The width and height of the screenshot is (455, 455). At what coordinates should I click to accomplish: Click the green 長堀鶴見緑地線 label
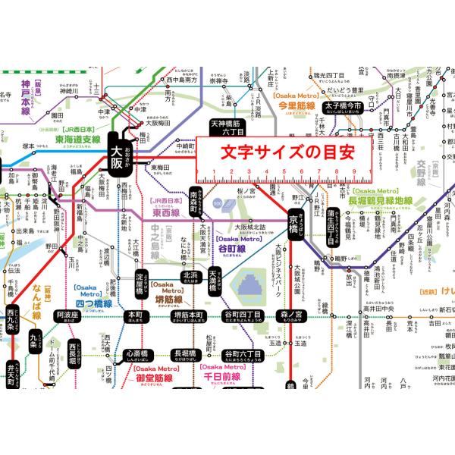coord(381,201)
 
